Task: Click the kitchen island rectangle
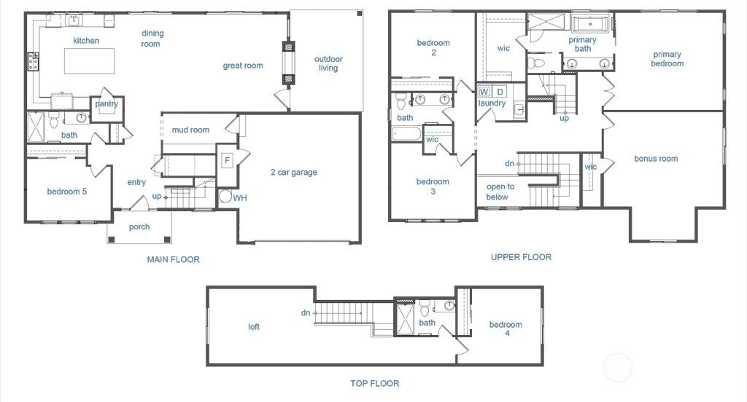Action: (x=89, y=60)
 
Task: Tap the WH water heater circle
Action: (x=225, y=197)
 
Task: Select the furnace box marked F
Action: (x=227, y=160)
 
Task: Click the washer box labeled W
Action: (x=484, y=92)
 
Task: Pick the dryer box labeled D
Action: (x=500, y=92)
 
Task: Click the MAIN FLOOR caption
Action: (x=173, y=259)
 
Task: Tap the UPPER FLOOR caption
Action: (x=521, y=257)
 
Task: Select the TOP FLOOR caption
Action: (x=375, y=383)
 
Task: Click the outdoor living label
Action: (x=328, y=64)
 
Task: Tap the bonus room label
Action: (x=656, y=159)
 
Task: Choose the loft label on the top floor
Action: (x=254, y=327)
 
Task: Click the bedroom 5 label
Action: (x=67, y=192)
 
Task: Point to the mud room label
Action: (x=190, y=130)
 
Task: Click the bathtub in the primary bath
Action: (x=590, y=23)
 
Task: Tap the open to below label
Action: (x=500, y=192)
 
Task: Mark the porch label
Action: (x=139, y=226)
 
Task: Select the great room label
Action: (x=243, y=66)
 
